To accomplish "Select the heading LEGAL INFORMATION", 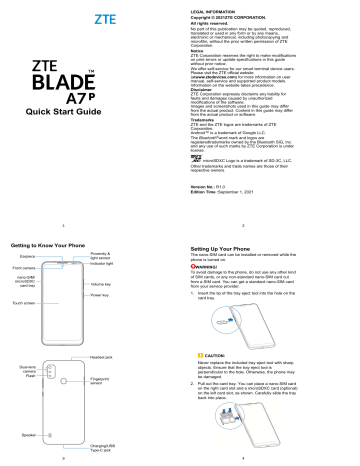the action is (213, 5).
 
